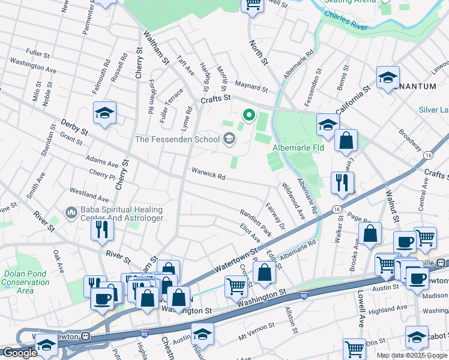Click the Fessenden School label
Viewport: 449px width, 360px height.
[178, 139]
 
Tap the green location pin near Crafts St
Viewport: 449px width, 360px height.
[248, 114]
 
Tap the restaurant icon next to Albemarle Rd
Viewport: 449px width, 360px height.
[342, 182]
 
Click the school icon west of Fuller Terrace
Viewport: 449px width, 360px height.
[104, 112]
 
